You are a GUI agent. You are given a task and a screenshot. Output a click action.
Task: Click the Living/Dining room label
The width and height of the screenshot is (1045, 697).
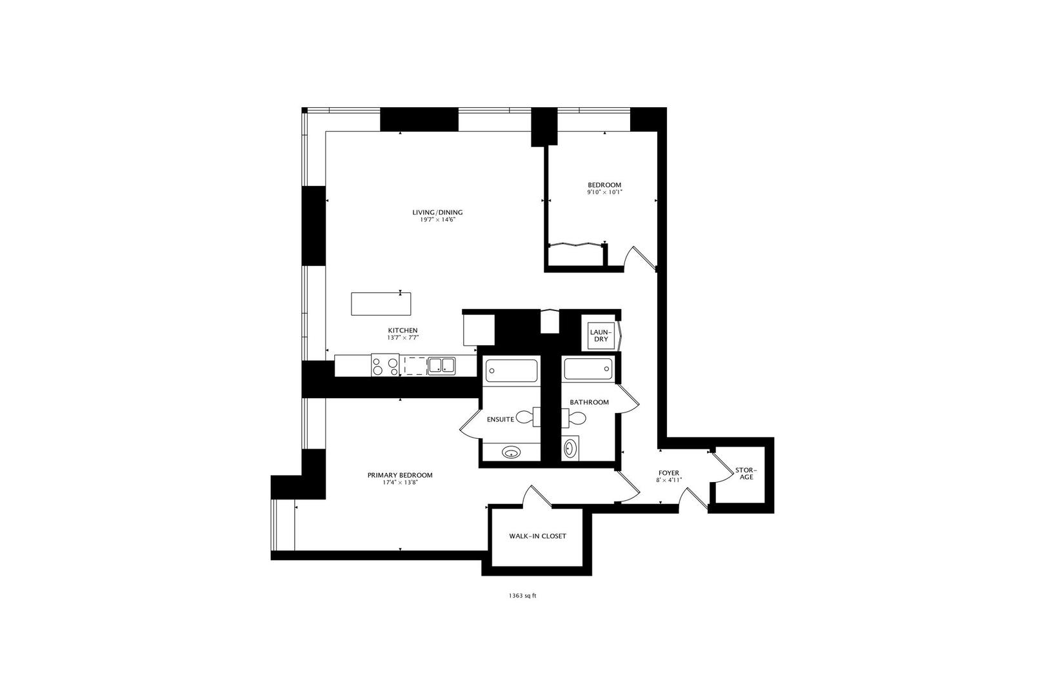(437, 212)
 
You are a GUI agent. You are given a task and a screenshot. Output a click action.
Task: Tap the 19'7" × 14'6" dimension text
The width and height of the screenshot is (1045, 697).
(437, 220)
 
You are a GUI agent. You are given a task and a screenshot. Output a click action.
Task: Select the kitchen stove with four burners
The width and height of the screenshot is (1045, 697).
(385, 366)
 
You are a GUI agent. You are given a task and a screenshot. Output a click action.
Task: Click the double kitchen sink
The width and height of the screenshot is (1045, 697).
(442, 366)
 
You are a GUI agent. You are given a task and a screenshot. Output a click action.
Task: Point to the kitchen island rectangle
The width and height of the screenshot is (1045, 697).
(381, 304)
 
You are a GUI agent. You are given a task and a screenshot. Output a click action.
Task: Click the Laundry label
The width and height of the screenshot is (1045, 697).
(601, 336)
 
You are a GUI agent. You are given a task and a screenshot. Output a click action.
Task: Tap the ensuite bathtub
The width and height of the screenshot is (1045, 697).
(511, 370)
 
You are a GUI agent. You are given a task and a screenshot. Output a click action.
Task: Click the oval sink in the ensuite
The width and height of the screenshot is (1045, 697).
(512, 452)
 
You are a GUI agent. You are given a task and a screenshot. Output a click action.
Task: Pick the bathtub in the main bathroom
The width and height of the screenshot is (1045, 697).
(588, 369)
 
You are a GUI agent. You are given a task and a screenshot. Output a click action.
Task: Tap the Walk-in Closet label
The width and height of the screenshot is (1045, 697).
(537, 536)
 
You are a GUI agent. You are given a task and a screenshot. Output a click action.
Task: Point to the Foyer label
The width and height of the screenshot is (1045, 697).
(668, 472)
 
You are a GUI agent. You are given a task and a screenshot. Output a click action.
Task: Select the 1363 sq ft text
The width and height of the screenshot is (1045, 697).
(522, 596)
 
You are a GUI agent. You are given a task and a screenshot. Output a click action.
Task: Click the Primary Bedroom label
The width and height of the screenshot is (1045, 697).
(400, 475)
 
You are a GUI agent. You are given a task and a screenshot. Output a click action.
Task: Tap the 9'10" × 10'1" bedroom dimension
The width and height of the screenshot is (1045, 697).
(604, 192)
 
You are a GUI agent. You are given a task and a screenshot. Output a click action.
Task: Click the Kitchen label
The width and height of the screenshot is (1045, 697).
(403, 330)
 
